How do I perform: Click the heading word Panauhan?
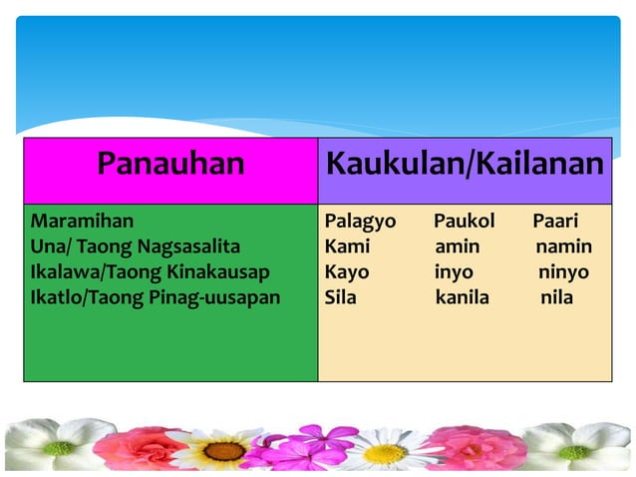[x=170, y=163]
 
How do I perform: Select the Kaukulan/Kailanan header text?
[x=465, y=163]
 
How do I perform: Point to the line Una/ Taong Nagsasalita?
[x=136, y=246]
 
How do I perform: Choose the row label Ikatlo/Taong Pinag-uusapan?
[x=156, y=297]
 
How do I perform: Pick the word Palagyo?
[x=360, y=221]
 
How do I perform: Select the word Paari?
[x=555, y=221]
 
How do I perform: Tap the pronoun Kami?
[x=347, y=246]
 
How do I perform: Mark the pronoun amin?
[x=457, y=246]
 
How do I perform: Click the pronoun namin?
[x=564, y=246]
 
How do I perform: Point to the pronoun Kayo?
[x=347, y=271]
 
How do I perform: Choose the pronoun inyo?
[x=454, y=271]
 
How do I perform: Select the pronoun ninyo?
[x=563, y=271]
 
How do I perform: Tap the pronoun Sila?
[x=341, y=297]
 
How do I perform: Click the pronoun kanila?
[x=463, y=297]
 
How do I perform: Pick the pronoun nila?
[x=556, y=297]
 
